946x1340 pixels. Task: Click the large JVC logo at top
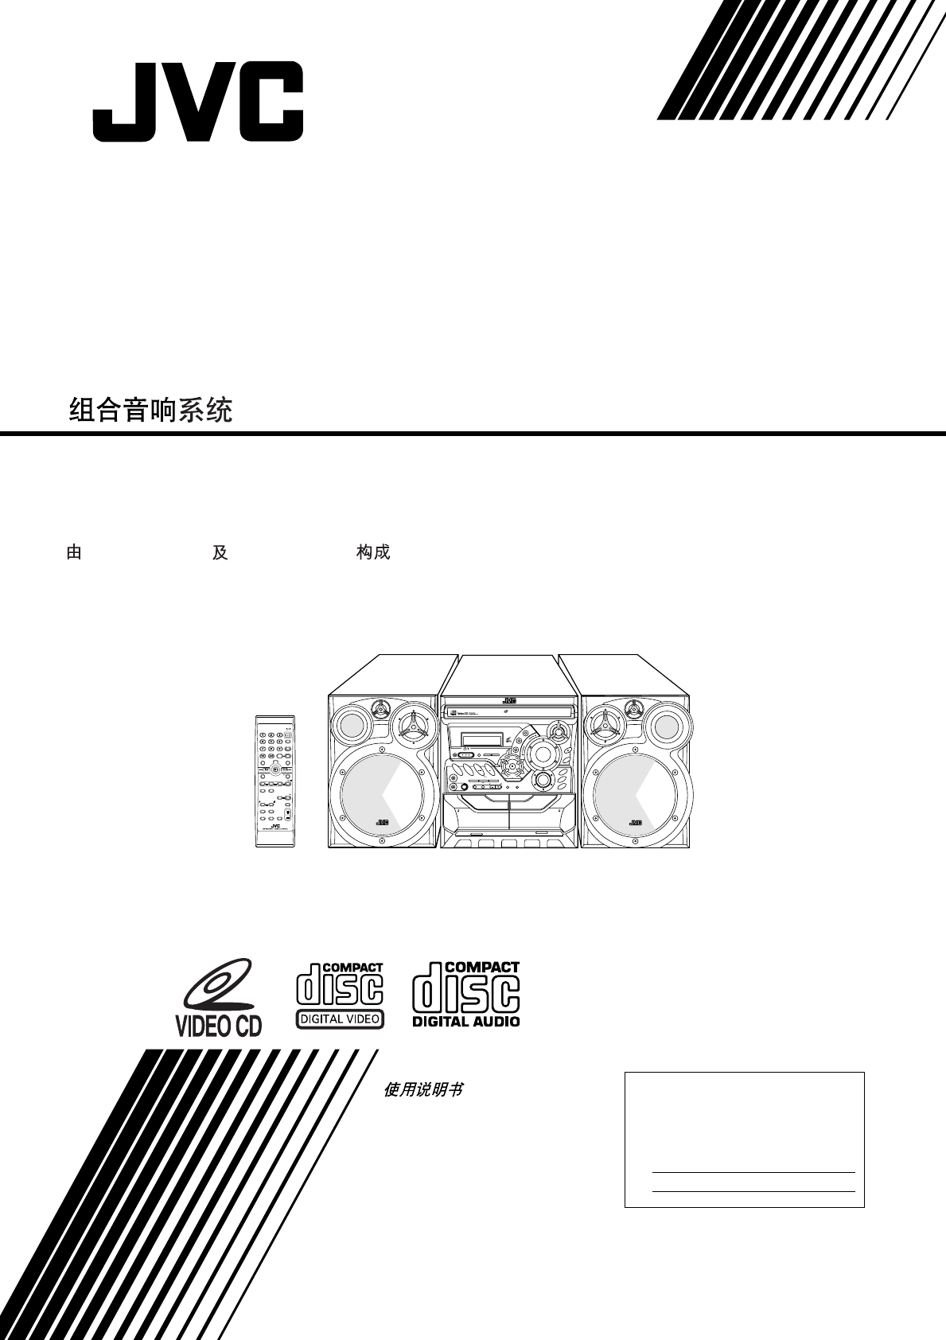(x=197, y=103)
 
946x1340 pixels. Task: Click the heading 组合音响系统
(x=150, y=411)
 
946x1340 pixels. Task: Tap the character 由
(x=74, y=553)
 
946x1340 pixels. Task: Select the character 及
(x=220, y=553)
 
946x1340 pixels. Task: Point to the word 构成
(x=372, y=553)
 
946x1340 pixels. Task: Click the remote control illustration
(x=274, y=780)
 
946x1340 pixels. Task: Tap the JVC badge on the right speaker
(x=636, y=823)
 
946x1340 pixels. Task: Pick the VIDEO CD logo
(x=218, y=998)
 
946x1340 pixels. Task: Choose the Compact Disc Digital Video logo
(x=340, y=995)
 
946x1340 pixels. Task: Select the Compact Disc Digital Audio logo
(x=465, y=995)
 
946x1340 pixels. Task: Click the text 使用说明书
(x=423, y=1090)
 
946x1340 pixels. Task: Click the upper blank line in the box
(x=753, y=1171)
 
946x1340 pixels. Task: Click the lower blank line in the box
(x=753, y=1191)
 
